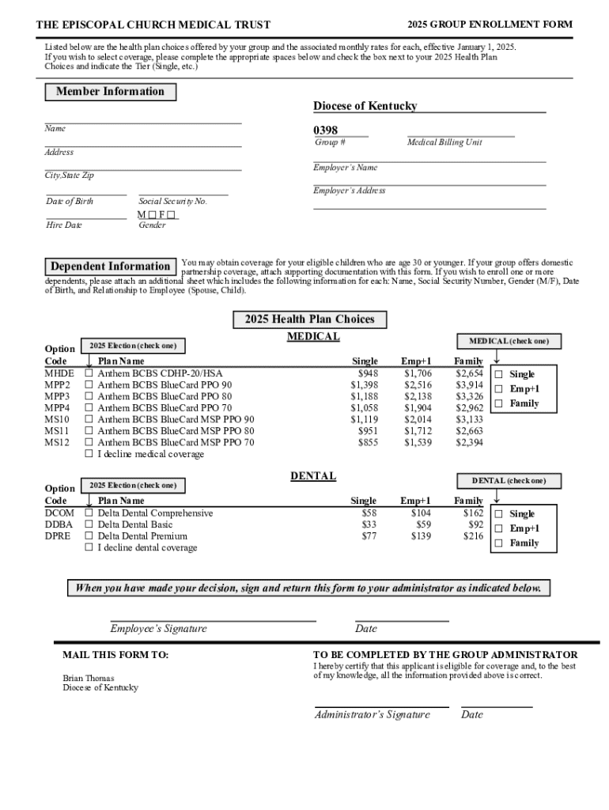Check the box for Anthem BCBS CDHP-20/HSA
[x=89, y=373]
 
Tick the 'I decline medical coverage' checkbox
[x=89, y=454]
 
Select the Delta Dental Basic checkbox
[x=89, y=524]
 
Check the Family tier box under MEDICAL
[x=498, y=404]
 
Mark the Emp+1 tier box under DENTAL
[x=498, y=528]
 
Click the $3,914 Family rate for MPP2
[x=469, y=384]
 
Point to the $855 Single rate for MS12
[x=368, y=443]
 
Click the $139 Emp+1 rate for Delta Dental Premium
[x=421, y=536]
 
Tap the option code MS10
[x=57, y=419]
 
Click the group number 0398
[x=326, y=131]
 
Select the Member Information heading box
[x=110, y=92]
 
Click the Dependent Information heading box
[x=110, y=267]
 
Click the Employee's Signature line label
[x=158, y=629]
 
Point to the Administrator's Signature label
[x=373, y=715]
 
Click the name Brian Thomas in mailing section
[x=89, y=678]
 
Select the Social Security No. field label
[x=172, y=202]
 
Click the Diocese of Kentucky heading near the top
[x=365, y=106]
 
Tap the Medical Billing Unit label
[x=444, y=142]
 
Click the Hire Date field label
[x=63, y=225]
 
